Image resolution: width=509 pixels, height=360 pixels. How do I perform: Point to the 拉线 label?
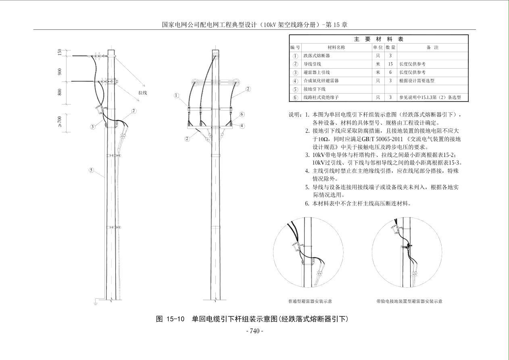[143, 92]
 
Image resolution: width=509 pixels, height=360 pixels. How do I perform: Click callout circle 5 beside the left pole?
[92, 170]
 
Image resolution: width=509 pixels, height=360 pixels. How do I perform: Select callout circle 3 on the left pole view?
[92, 127]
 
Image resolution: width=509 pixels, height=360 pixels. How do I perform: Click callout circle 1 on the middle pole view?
[176, 96]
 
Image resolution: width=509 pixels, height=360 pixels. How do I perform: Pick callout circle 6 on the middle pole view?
[242, 114]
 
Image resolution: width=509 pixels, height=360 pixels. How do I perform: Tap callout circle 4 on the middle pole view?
[242, 126]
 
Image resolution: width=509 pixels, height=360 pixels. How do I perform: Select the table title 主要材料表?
[378, 39]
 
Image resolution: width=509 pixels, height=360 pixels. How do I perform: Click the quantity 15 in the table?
[390, 64]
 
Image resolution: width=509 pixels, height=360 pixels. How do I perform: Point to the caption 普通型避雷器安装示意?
[310, 301]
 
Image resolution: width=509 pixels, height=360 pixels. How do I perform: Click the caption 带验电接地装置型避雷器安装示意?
[409, 301]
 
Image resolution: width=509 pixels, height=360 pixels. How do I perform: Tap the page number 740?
[255, 331]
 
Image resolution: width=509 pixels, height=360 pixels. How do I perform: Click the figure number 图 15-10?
[170, 319]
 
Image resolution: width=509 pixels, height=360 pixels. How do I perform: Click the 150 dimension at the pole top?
[60, 52]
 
